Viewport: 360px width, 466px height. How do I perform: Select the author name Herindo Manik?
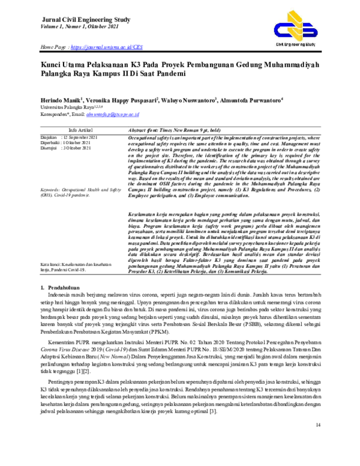pos(62,100)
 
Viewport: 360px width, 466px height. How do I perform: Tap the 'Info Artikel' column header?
pos(80,130)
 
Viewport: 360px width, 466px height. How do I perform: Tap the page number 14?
pos(317,441)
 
